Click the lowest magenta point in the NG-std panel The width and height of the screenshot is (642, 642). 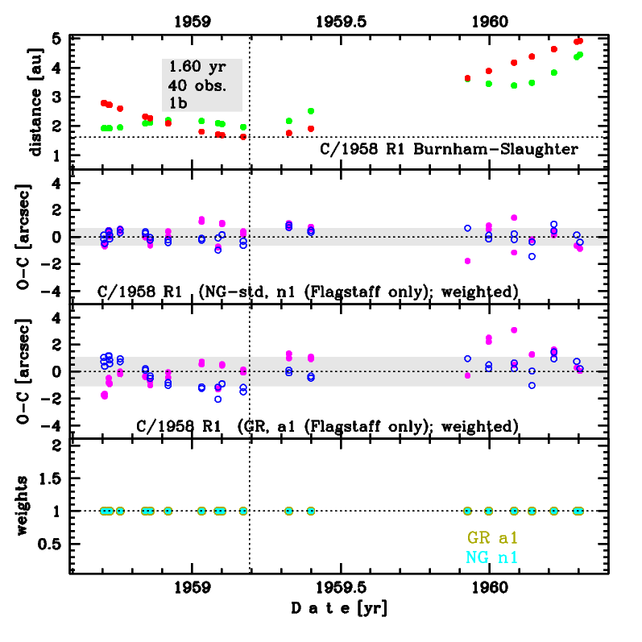[x=467, y=261]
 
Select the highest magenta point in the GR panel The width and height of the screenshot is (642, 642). [x=514, y=329]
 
